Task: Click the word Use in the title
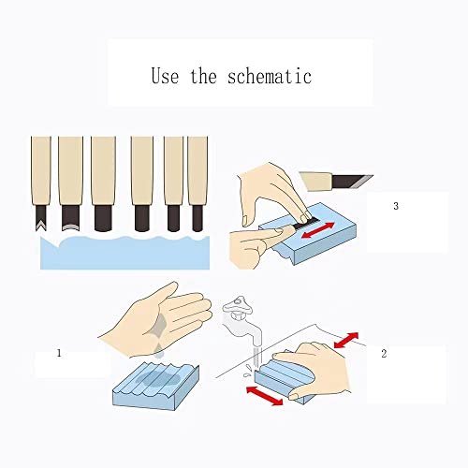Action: [x=165, y=76]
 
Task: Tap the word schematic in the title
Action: [x=270, y=77]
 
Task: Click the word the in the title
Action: [x=203, y=76]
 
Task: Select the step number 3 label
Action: [x=396, y=206]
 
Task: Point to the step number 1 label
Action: [x=59, y=353]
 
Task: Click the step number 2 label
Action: [x=384, y=354]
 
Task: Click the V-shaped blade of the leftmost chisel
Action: [x=41, y=218]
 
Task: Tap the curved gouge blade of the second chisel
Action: [x=71, y=218]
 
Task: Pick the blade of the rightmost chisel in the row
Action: [x=197, y=218]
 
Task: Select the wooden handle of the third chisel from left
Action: [x=103, y=170]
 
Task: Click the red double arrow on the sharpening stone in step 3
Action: [x=318, y=230]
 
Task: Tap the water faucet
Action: [x=241, y=320]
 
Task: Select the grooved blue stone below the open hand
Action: [x=155, y=386]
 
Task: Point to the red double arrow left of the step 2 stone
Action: [x=265, y=396]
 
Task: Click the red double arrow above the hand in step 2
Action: [x=346, y=340]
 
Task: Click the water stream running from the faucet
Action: [x=257, y=358]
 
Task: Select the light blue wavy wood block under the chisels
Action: [x=124, y=253]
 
